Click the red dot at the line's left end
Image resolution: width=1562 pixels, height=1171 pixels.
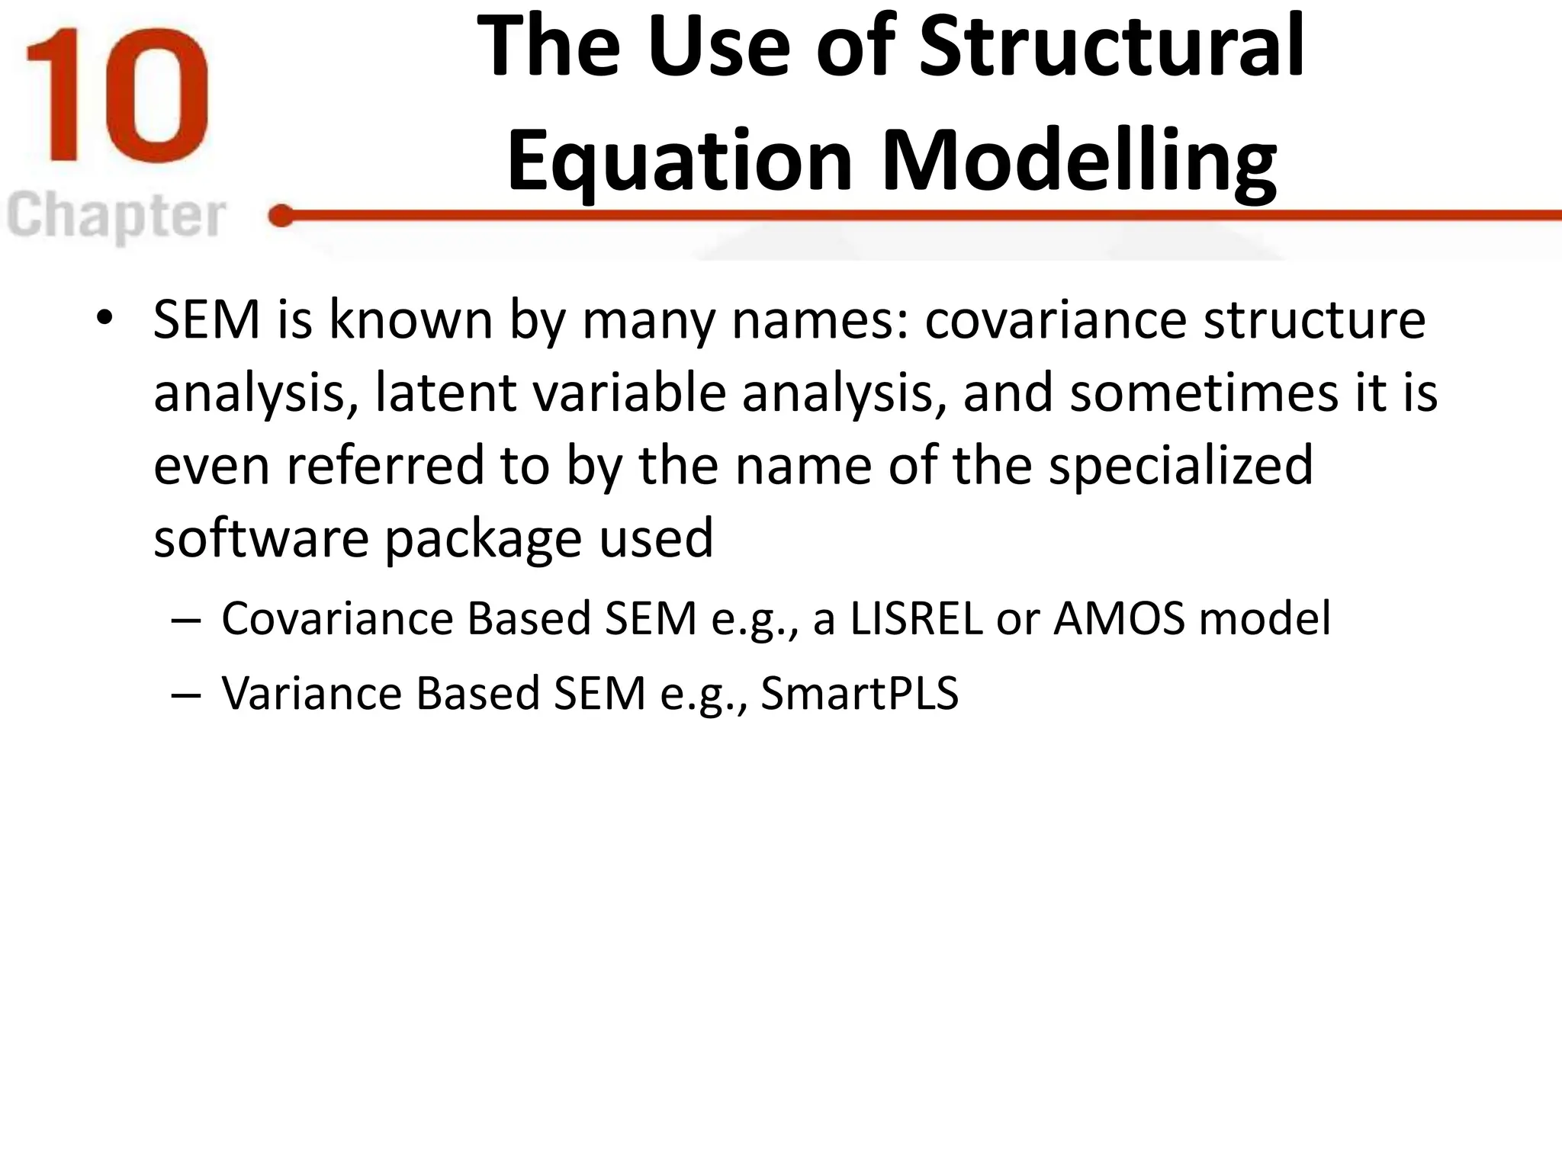(x=281, y=217)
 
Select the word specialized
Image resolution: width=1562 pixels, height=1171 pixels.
(x=1181, y=466)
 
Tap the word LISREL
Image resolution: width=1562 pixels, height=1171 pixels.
(x=916, y=618)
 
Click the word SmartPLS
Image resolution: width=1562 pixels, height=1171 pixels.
(x=859, y=694)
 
